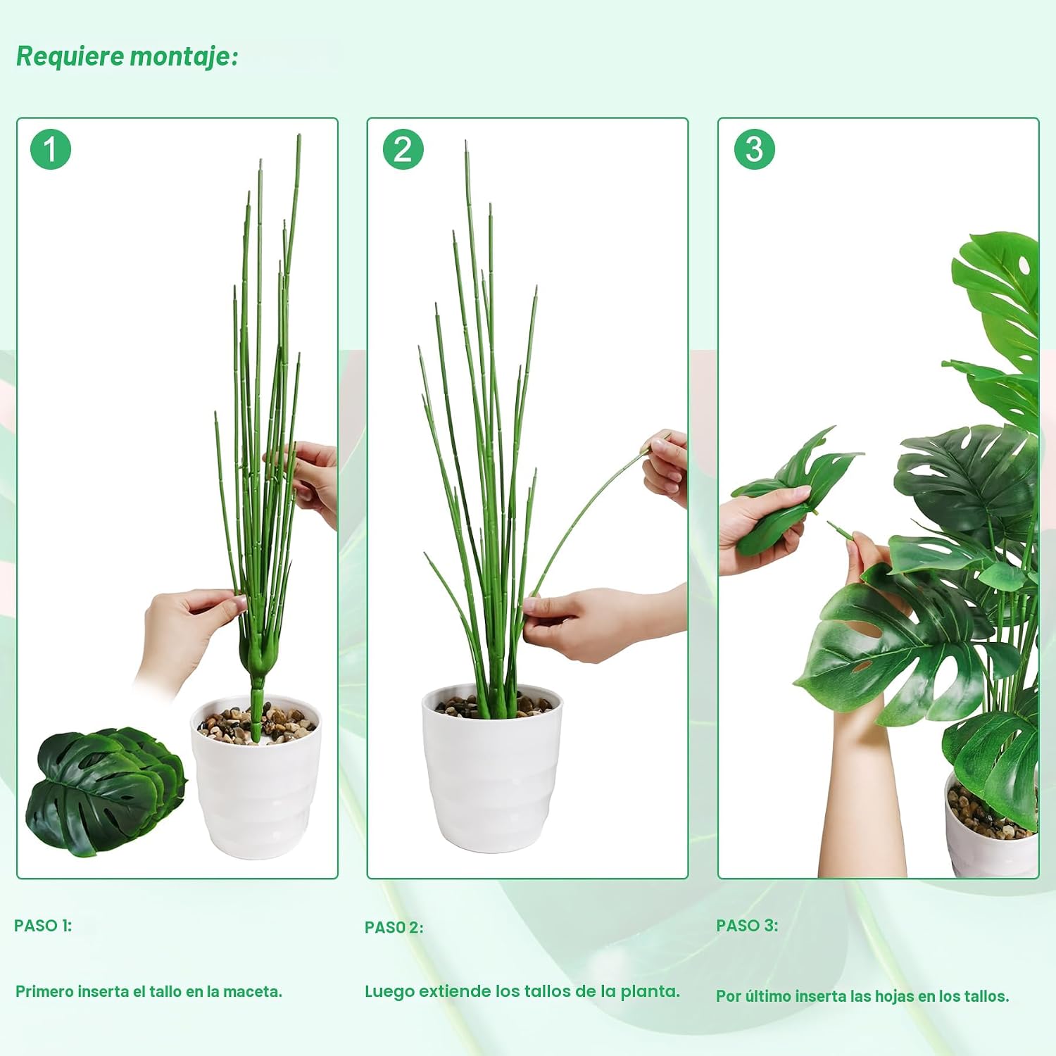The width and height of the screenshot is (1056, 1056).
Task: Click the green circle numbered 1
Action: tap(51, 149)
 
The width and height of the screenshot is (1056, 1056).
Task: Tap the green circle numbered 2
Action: tap(403, 149)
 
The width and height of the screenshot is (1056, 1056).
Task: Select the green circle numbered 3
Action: tap(755, 149)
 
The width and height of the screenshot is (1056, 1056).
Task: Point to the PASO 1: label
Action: tap(43, 925)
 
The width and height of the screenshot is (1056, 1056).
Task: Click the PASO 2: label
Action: tap(394, 927)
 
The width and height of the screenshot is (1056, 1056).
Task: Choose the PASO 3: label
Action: tap(747, 925)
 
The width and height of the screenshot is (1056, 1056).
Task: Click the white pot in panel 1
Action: tap(256, 778)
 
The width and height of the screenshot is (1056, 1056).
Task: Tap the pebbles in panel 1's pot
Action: tap(256, 724)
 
